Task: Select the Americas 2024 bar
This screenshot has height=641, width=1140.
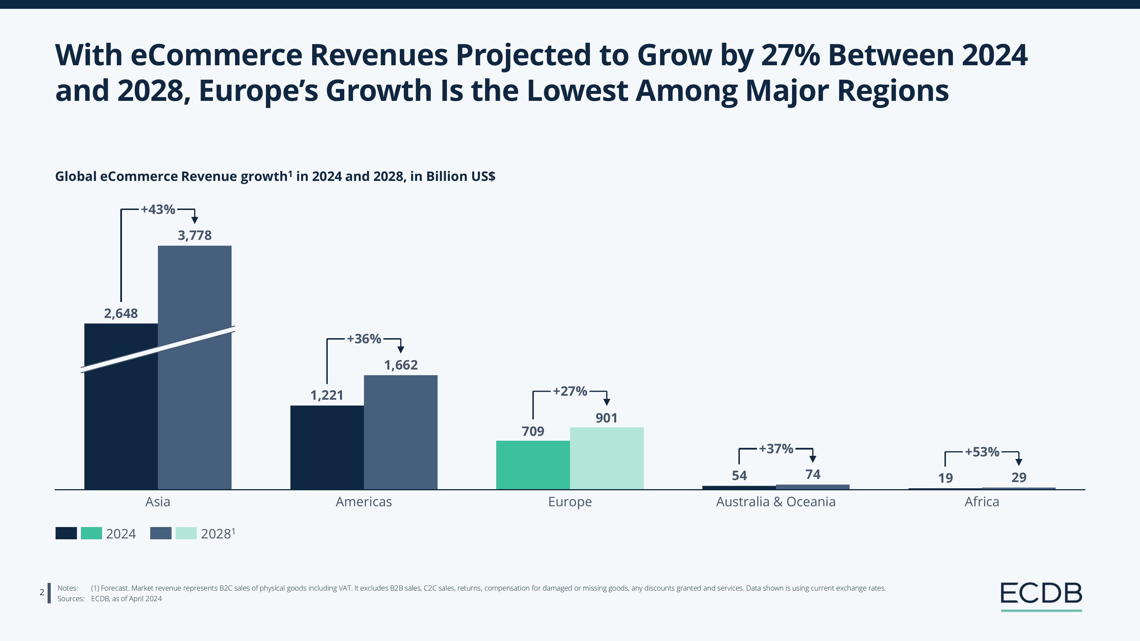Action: (x=327, y=447)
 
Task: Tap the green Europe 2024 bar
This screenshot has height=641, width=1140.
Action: (x=533, y=464)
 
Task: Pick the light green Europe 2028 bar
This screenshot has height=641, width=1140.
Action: (x=607, y=458)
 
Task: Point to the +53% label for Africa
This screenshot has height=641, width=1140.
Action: (x=982, y=452)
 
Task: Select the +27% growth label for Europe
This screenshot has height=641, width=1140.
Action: (x=570, y=391)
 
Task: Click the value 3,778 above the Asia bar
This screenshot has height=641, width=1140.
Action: (x=195, y=235)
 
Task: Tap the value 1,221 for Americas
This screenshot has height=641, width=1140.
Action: (x=327, y=395)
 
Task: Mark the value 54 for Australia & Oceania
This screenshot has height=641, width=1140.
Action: (x=739, y=475)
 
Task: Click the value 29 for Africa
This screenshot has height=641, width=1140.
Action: (x=1019, y=477)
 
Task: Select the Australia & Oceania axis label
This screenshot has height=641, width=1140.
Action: (x=776, y=502)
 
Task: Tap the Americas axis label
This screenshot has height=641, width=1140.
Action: (x=364, y=502)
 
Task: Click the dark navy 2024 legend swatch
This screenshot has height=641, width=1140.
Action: (x=66, y=533)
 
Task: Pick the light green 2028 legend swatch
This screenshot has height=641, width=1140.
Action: (x=186, y=533)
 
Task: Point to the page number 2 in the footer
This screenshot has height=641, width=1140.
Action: (x=42, y=592)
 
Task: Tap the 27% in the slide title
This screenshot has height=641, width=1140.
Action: (x=790, y=55)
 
